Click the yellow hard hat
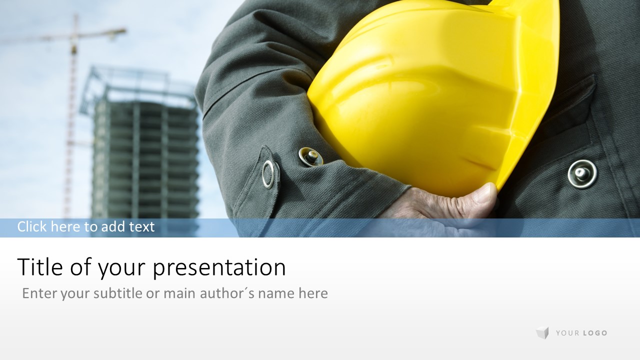[428, 94]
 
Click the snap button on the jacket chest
[582, 174]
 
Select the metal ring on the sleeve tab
[268, 174]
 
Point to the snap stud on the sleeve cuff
[311, 156]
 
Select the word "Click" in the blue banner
[31, 226]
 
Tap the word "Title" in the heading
[40, 266]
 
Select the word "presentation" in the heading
[219, 268]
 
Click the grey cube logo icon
[542, 332]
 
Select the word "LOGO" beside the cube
[595, 333]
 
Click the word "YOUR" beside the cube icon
[567, 333]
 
